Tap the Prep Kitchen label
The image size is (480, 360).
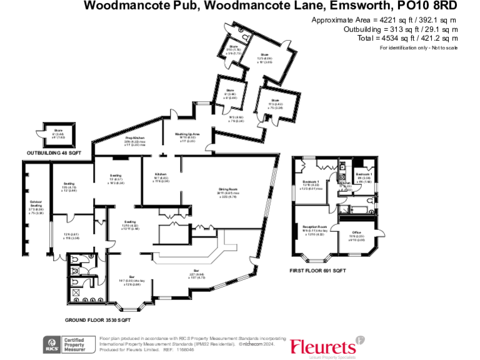pyautogui.click(x=131, y=137)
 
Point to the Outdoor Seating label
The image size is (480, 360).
pyautogui.click(x=35, y=202)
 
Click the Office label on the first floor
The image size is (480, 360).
pyautogui.click(x=356, y=232)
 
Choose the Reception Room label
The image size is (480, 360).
pyautogui.click(x=314, y=226)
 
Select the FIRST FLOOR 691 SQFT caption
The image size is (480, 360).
pyautogui.click(x=317, y=271)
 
